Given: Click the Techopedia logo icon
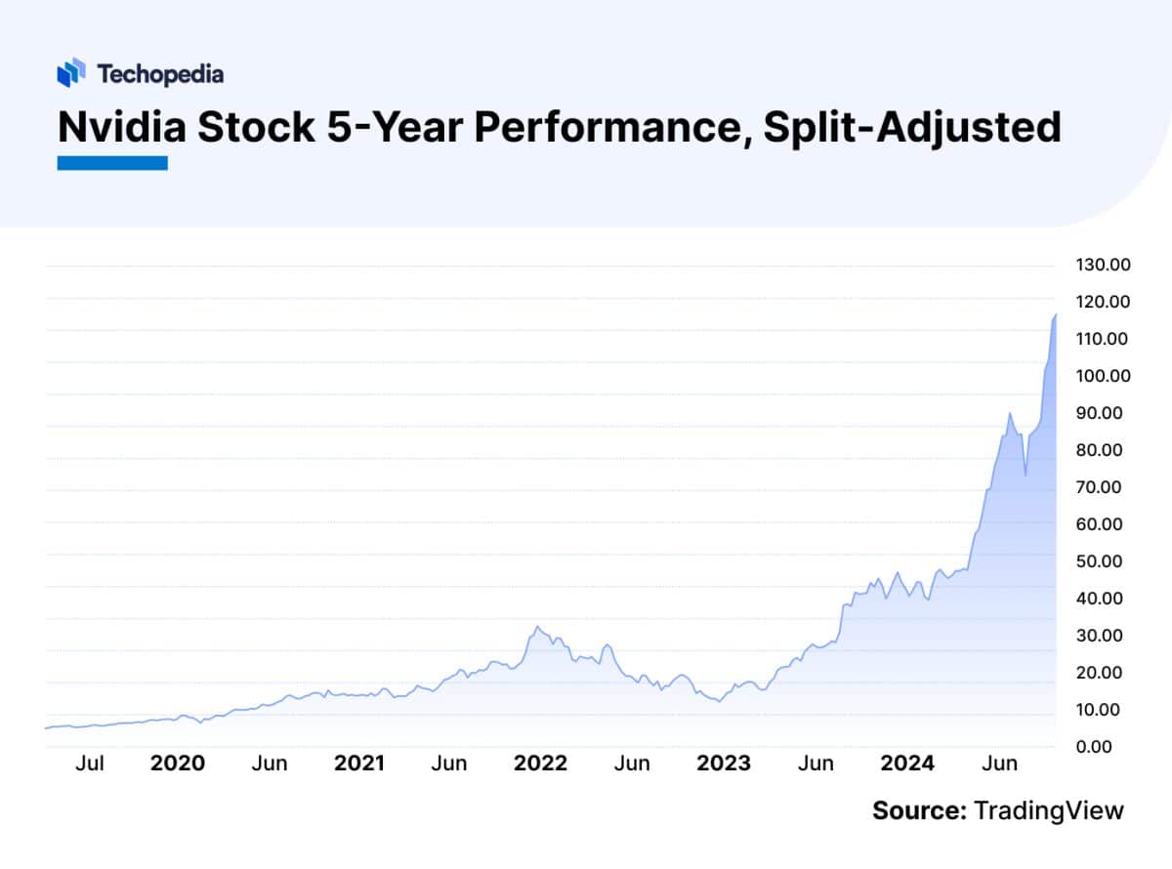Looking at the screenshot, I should tap(72, 73).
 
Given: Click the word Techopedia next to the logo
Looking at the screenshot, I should tap(160, 73).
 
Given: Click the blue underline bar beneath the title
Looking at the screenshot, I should tap(112, 163).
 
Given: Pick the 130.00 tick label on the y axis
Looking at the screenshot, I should tap(1103, 265).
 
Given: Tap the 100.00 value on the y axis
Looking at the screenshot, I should tap(1103, 376).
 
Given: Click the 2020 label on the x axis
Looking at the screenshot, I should tap(177, 764).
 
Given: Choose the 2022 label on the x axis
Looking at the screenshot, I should tap(539, 764).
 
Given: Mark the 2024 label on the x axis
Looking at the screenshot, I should tap(907, 764).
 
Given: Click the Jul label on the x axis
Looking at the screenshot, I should tap(89, 764).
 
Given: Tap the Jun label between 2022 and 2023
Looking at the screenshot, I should tap(632, 764).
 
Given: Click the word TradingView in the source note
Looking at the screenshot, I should tap(1049, 810).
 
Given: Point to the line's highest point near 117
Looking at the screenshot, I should tap(1056, 314).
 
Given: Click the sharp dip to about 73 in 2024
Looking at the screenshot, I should tap(1025, 476).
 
